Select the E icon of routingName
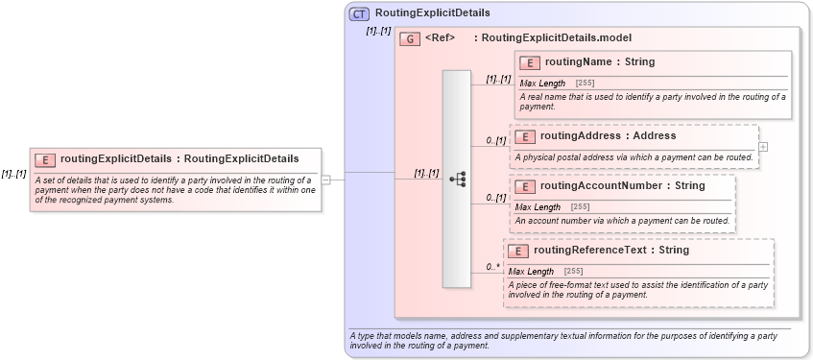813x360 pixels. [x=530, y=62]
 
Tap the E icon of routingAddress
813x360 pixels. [x=525, y=136]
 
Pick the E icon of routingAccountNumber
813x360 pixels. [x=525, y=186]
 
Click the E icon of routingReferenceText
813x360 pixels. [x=518, y=251]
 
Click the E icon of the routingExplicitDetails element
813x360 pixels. [x=45, y=159]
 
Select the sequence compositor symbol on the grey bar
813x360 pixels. [x=457, y=179]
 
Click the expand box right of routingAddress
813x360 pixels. [x=763, y=147]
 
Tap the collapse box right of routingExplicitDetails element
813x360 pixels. [x=326, y=179]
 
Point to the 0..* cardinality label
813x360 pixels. [x=493, y=267]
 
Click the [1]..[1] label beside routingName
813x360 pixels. [x=498, y=79]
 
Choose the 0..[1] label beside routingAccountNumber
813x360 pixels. [x=495, y=198]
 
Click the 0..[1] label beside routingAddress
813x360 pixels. [x=495, y=141]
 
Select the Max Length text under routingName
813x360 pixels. [x=542, y=84]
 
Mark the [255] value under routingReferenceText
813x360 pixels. [x=572, y=272]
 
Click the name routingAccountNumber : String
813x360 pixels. [x=622, y=185]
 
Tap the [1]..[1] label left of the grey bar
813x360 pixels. [x=426, y=174]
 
